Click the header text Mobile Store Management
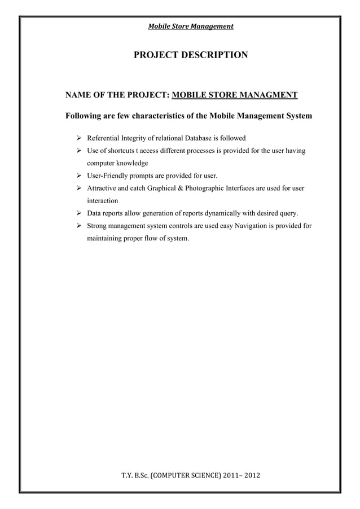190,26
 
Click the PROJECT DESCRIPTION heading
190,55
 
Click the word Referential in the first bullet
104,138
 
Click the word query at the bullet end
287,214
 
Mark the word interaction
102,201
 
